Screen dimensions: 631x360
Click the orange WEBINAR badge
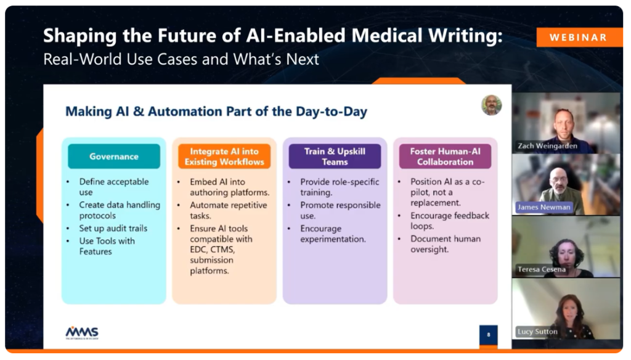point(579,38)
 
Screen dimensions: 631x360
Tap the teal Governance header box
point(114,156)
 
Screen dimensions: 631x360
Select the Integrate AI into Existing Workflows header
point(224,156)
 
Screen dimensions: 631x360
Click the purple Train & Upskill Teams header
point(335,156)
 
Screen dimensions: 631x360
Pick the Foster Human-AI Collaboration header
point(445,156)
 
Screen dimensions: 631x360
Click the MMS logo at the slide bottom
point(82,333)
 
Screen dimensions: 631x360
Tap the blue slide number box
point(488,335)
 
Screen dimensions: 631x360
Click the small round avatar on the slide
point(491,105)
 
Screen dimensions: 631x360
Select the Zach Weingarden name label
point(547,145)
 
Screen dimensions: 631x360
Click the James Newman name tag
point(543,207)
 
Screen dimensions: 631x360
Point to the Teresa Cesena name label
point(542,269)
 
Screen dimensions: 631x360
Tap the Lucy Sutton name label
point(537,332)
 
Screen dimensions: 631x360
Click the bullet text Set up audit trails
point(113,228)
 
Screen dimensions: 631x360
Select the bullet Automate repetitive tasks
point(228,210)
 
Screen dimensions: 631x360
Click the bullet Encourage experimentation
point(333,234)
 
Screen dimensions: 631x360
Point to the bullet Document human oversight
point(446,244)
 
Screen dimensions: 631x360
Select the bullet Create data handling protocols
point(120,210)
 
